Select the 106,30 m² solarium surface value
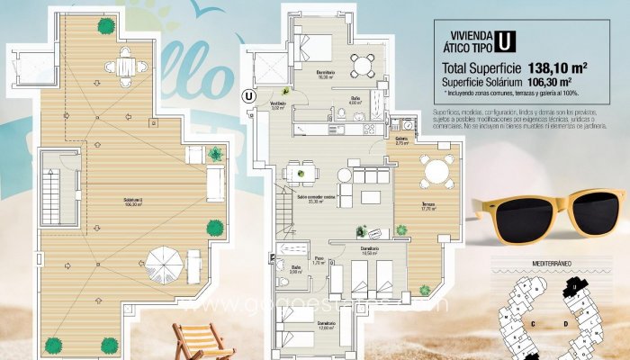coord(552,82)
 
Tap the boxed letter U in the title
coord(507,40)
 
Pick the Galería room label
coord(402,140)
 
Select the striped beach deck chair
coord(202,342)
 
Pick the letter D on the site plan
coord(564,322)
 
